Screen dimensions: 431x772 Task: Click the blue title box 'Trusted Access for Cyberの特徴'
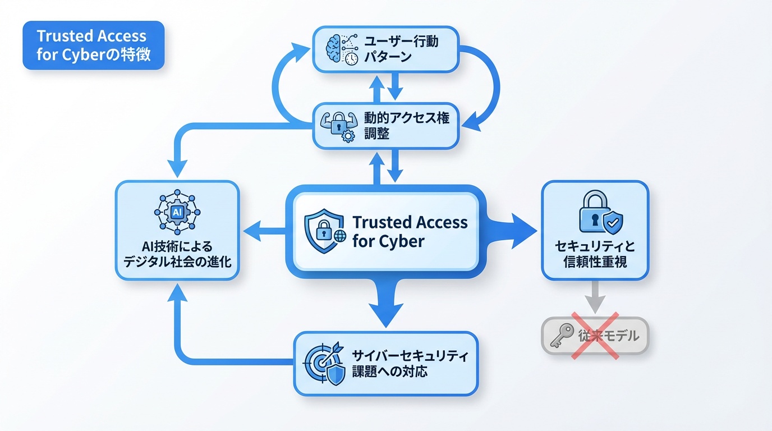click(93, 45)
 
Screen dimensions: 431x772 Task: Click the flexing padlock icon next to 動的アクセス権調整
click(338, 125)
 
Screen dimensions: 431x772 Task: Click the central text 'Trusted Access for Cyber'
click(410, 231)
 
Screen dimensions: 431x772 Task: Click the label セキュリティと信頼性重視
click(595, 254)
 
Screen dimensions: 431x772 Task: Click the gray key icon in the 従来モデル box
click(562, 336)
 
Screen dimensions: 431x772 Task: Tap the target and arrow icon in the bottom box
click(324, 363)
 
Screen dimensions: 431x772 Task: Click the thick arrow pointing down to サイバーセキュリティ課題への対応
click(386, 306)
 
